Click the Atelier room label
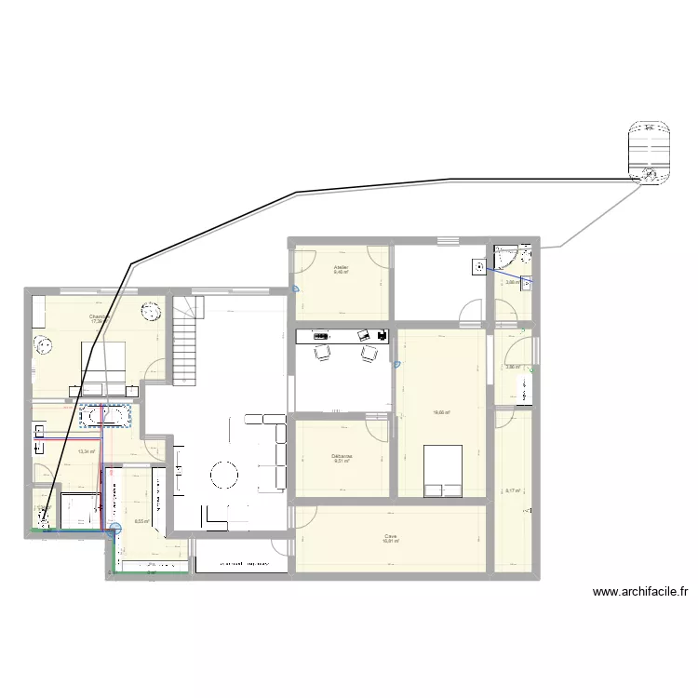(342, 267)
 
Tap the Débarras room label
(342, 456)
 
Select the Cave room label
(390, 536)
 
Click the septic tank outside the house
(648, 151)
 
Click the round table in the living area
(226, 476)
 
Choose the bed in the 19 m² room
(443, 470)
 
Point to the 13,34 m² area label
(87, 452)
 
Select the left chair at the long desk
(322, 352)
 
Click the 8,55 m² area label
(141, 522)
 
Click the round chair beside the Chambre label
(149, 313)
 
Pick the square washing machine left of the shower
(479, 266)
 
